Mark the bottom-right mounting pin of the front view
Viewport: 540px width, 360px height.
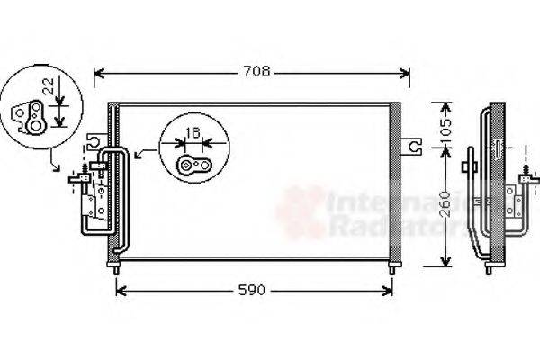click(x=392, y=265)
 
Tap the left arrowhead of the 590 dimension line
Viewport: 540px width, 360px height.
click(x=121, y=291)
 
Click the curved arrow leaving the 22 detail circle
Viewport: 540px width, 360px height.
click(x=54, y=163)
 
